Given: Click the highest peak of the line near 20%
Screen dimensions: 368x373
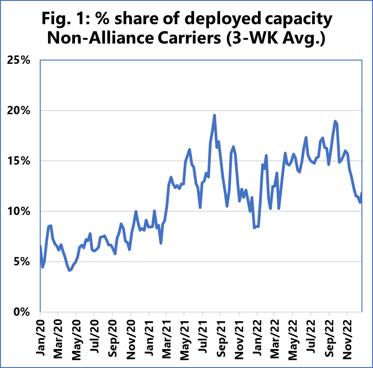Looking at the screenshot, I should [214, 116].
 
